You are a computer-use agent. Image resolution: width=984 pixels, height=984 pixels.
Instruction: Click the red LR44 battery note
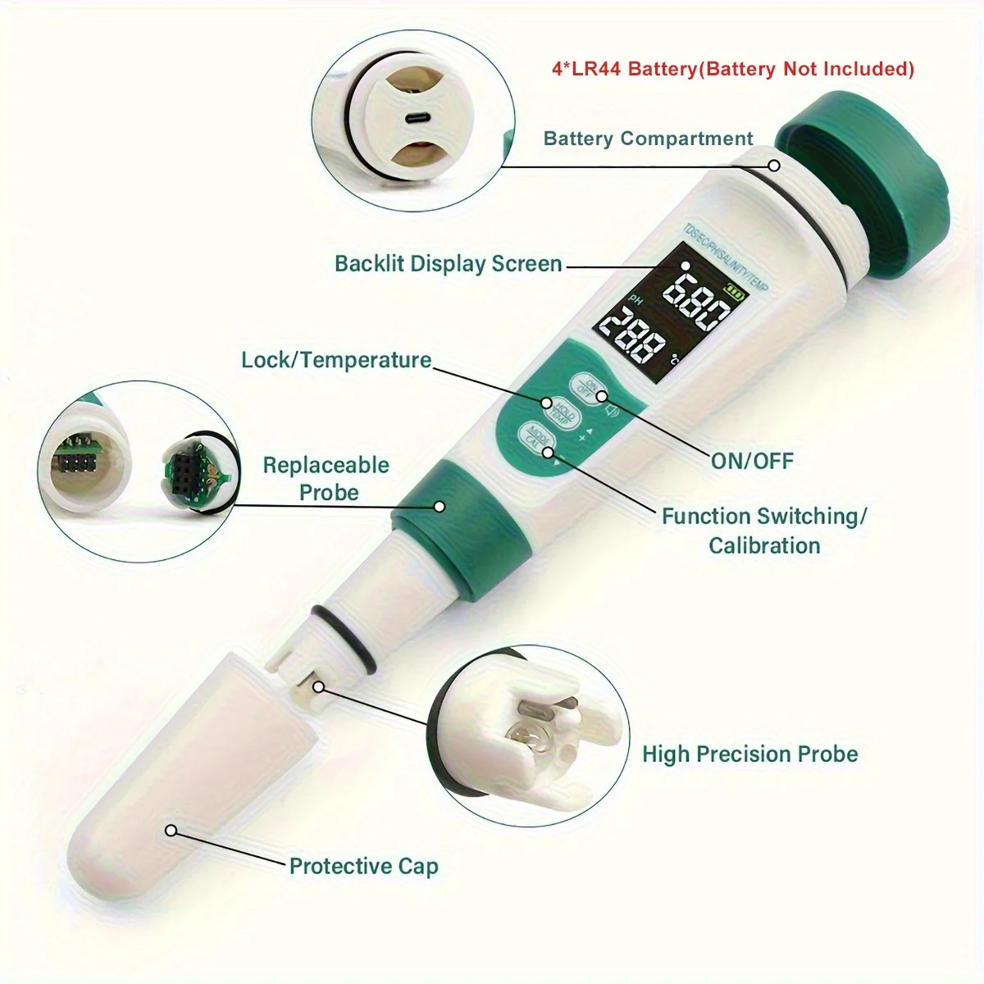point(732,69)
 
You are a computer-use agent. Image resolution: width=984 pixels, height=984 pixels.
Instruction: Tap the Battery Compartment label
point(648,139)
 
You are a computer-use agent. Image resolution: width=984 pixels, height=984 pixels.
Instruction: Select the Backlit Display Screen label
point(448,264)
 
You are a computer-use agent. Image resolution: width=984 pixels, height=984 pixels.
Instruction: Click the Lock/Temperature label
point(336,360)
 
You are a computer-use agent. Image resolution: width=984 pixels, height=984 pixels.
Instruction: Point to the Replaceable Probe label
point(326,478)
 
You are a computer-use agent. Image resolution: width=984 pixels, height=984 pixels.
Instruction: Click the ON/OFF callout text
point(752,461)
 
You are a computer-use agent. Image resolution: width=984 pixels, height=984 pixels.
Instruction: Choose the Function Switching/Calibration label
point(764,531)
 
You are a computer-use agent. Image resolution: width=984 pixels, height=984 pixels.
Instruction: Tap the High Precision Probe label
point(749,754)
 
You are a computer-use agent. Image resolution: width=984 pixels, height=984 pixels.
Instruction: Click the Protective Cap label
point(363,866)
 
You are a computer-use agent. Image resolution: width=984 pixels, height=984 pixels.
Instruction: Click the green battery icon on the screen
point(736,290)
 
